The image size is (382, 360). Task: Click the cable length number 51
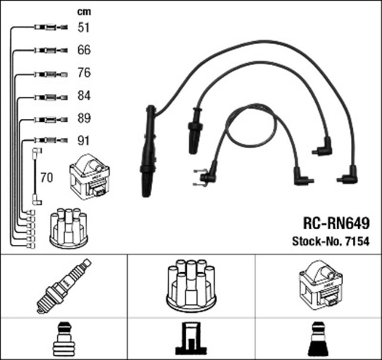click(x=84, y=27)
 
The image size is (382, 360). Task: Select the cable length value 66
click(x=84, y=50)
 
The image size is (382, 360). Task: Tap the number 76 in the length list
click(x=84, y=73)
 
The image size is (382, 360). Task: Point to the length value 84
click(x=84, y=96)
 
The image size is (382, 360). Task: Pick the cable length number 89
click(x=84, y=118)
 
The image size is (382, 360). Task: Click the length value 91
click(x=84, y=141)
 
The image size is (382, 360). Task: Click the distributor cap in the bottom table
click(x=190, y=285)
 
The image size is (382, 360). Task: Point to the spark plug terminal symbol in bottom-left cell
click(x=63, y=339)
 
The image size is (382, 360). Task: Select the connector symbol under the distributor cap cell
click(x=190, y=339)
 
